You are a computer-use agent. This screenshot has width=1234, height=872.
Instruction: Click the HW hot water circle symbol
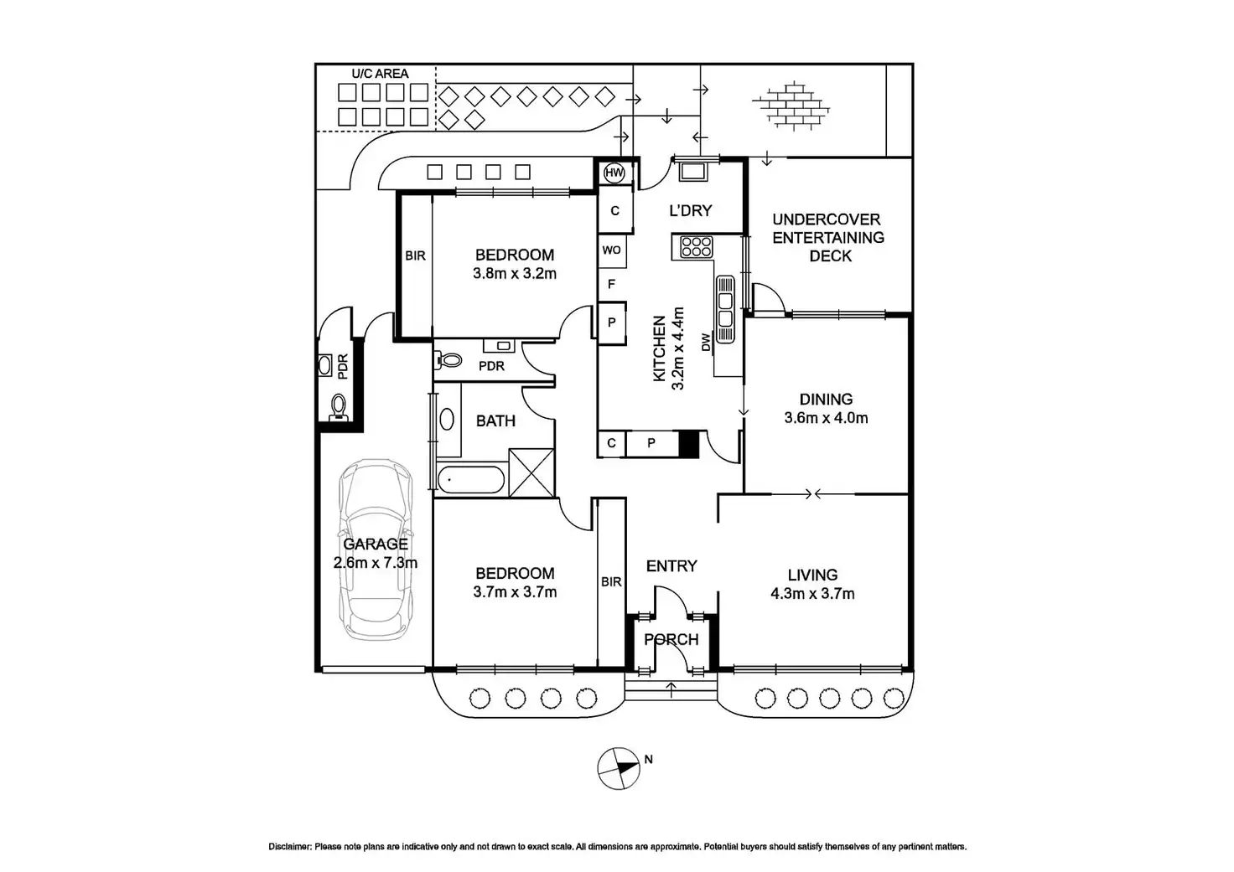click(614, 173)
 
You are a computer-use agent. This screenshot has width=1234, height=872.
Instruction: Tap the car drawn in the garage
click(376, 550)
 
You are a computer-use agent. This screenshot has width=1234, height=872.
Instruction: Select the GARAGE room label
click(376, 544)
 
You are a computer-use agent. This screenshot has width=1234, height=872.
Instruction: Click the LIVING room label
click(812, 575)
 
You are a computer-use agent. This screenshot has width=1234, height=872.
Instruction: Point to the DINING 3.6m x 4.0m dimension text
click(826, 418)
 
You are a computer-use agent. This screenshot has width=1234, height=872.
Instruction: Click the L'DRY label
click(690, 210)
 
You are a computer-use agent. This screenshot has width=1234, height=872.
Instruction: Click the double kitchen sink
click(725, 309)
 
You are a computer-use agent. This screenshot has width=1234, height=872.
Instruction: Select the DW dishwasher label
click(706, 343)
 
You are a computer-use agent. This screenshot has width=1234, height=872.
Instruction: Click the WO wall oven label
click(611, 250)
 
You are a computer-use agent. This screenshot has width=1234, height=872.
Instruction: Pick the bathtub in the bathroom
click(470, 479)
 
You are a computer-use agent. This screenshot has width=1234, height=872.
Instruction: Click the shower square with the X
click(531, 473)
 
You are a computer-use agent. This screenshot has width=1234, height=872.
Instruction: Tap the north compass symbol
click(619, 768)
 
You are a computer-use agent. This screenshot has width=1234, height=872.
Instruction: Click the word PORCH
click(671, 639)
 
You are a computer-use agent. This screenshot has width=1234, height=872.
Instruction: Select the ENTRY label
click(671, 566)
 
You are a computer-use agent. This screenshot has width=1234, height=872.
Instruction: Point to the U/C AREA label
click(380, 74)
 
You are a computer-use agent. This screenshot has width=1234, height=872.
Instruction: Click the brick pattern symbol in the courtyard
click(791, 106)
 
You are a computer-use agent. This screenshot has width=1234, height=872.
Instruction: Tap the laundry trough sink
click(693, 172)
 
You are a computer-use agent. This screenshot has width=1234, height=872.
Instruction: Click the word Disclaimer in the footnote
click(290, 847)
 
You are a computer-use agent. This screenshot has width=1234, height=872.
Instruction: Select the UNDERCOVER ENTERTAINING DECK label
click(828, 238)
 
